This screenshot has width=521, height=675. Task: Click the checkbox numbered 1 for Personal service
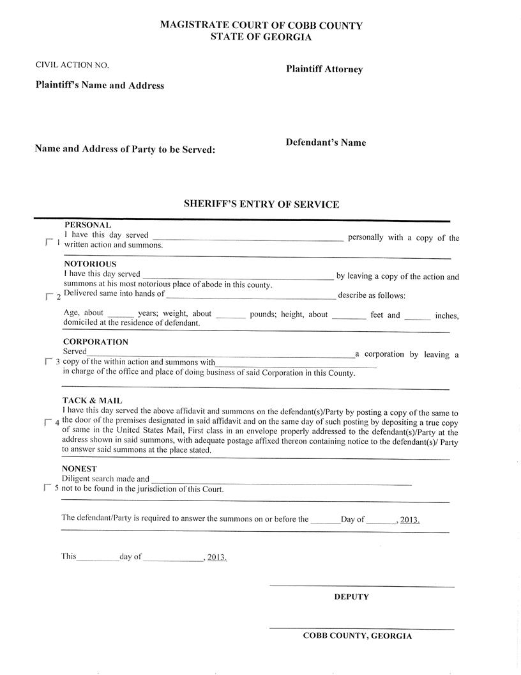pos(49,243)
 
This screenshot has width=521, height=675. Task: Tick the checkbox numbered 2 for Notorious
pos(49,297)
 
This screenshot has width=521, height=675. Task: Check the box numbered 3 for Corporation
pos(49,362)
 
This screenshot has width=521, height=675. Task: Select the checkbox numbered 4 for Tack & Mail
pos(49,423)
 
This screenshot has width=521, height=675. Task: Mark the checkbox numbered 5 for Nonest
pos(47,488)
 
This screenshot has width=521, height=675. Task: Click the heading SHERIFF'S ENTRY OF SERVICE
pos(261,205)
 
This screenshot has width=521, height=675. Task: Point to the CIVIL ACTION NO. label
pos(72,65)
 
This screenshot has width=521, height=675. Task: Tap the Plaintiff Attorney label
pos(324,69)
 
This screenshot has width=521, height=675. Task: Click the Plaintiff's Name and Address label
pos(100,85)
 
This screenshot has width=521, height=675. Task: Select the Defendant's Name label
pos(326,143)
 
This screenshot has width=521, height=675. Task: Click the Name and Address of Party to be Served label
pos(125,149)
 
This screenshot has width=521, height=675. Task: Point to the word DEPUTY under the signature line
pos(351,596)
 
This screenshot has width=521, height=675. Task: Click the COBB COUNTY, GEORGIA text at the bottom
pos(357,636)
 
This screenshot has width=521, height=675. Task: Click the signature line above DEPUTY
pos(361,586)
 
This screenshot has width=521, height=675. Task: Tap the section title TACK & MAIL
pos(93,400)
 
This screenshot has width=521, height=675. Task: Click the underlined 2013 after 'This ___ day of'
pos(216,557)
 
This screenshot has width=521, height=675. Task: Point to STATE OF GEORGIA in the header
pos(261,37)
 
